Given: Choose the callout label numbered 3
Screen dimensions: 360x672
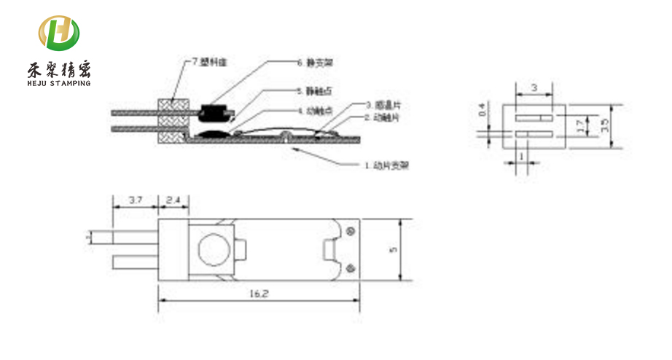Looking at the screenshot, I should pos(382,106).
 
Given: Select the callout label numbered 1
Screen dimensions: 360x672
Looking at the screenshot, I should pos(386,165).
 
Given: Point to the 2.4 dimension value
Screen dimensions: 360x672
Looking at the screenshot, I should pos(173,200).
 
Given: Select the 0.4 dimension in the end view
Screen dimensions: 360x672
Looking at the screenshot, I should pos(481,111).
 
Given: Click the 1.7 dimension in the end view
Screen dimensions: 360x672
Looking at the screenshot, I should pos(579,125).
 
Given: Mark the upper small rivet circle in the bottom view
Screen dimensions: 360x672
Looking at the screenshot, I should pos(353,232).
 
